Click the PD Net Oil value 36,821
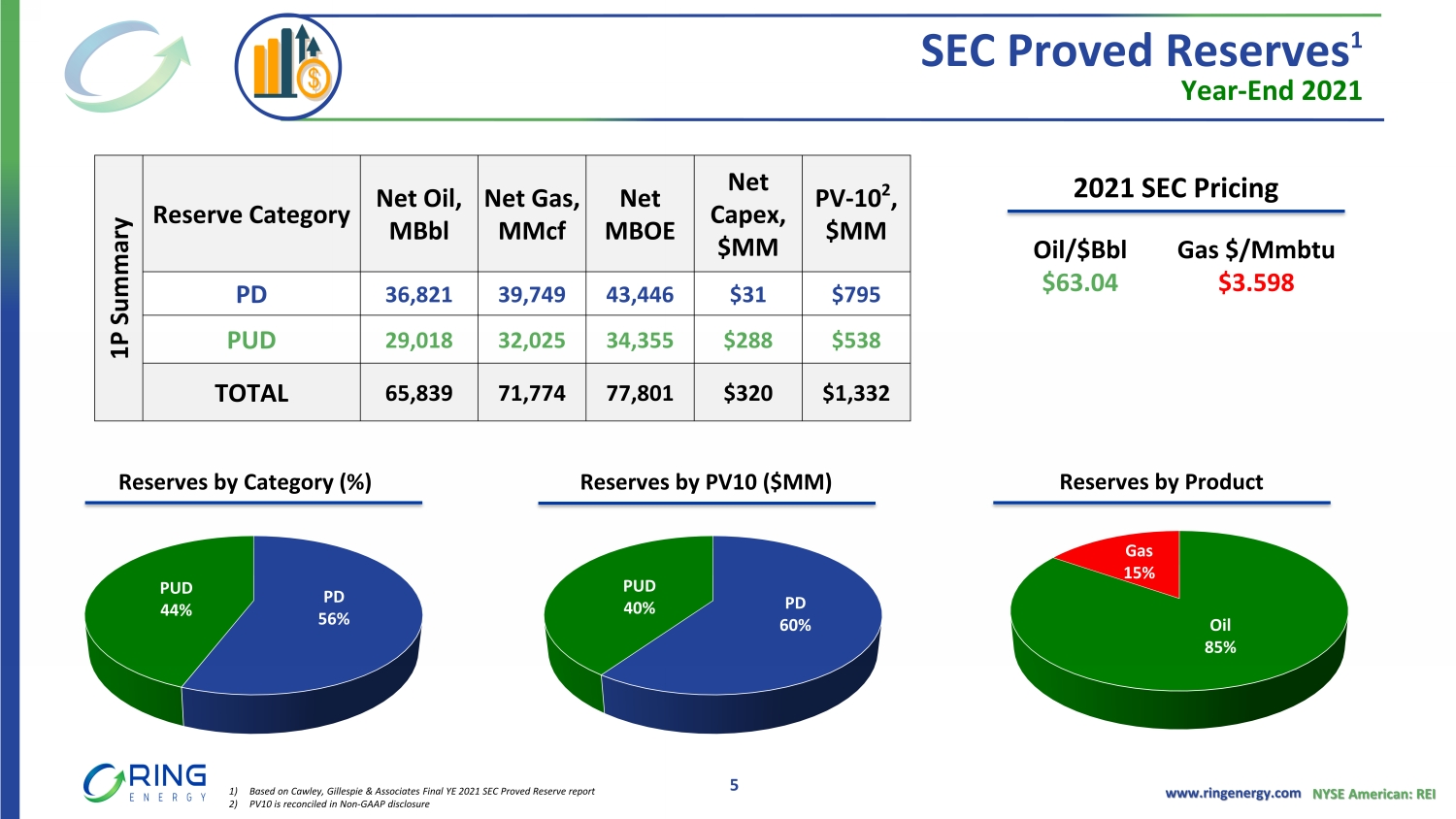[x=418, y=295]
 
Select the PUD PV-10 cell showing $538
[x=855, y=341]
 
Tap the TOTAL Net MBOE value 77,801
[x=640, y=393]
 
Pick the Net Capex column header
[x=747, y=214]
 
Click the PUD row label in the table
[x=251, y=341]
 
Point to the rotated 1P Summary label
[x=119, y=288]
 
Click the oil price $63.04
[x=1079, y=282]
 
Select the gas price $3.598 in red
[x=1256, y=282]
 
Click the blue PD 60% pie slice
[x=777, y=621]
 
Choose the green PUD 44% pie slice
[x=165, y=611]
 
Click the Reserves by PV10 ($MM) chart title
[x=706, y=482]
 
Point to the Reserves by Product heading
[x=1161, y=482]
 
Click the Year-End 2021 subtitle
[x=1271, y=91]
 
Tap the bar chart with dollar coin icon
[x=288, y=67]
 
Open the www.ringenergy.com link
[x=1233, y=793]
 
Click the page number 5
[x=734, y=785]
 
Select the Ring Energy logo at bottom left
[x=146, y=783]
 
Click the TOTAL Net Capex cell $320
[x=747, y=393]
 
